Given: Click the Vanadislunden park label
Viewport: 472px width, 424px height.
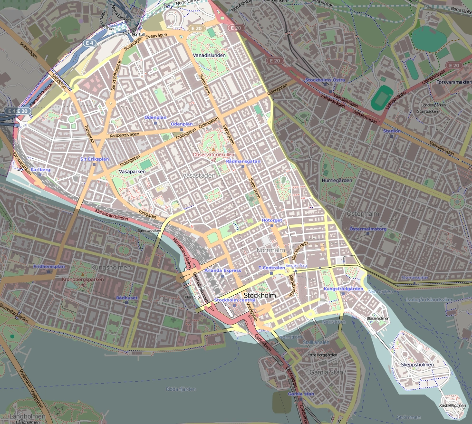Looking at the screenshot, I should (x=209, y=55).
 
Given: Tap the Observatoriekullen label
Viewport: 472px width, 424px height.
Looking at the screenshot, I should (x=213, y=154).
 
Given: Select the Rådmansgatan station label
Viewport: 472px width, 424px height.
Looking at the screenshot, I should (x=243, y=162).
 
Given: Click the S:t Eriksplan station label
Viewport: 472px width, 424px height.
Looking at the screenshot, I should (x=95, y=159).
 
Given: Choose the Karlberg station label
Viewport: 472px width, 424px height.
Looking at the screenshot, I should (x=40, y=169).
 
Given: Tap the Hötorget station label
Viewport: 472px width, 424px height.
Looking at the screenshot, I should (x=272, y=221).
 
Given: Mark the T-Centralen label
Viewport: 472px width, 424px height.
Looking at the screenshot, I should (x=271, y=268).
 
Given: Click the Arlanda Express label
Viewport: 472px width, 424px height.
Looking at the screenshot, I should (x=222, y=270).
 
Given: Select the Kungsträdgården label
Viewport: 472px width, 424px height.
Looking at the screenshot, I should (x=343, y=289).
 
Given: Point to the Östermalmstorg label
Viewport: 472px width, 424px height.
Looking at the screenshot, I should (x=368, y=229).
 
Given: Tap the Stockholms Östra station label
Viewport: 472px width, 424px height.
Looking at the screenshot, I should (x=325, y=80).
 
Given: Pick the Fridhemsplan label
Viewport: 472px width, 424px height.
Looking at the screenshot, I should (x=49, y=266).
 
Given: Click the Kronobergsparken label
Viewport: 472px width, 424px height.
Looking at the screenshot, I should (x=83, y=279).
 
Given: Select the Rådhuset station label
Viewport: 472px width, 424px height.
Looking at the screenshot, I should (x=126, y=298).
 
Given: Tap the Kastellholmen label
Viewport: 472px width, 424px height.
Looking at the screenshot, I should (x=452, y=405).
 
